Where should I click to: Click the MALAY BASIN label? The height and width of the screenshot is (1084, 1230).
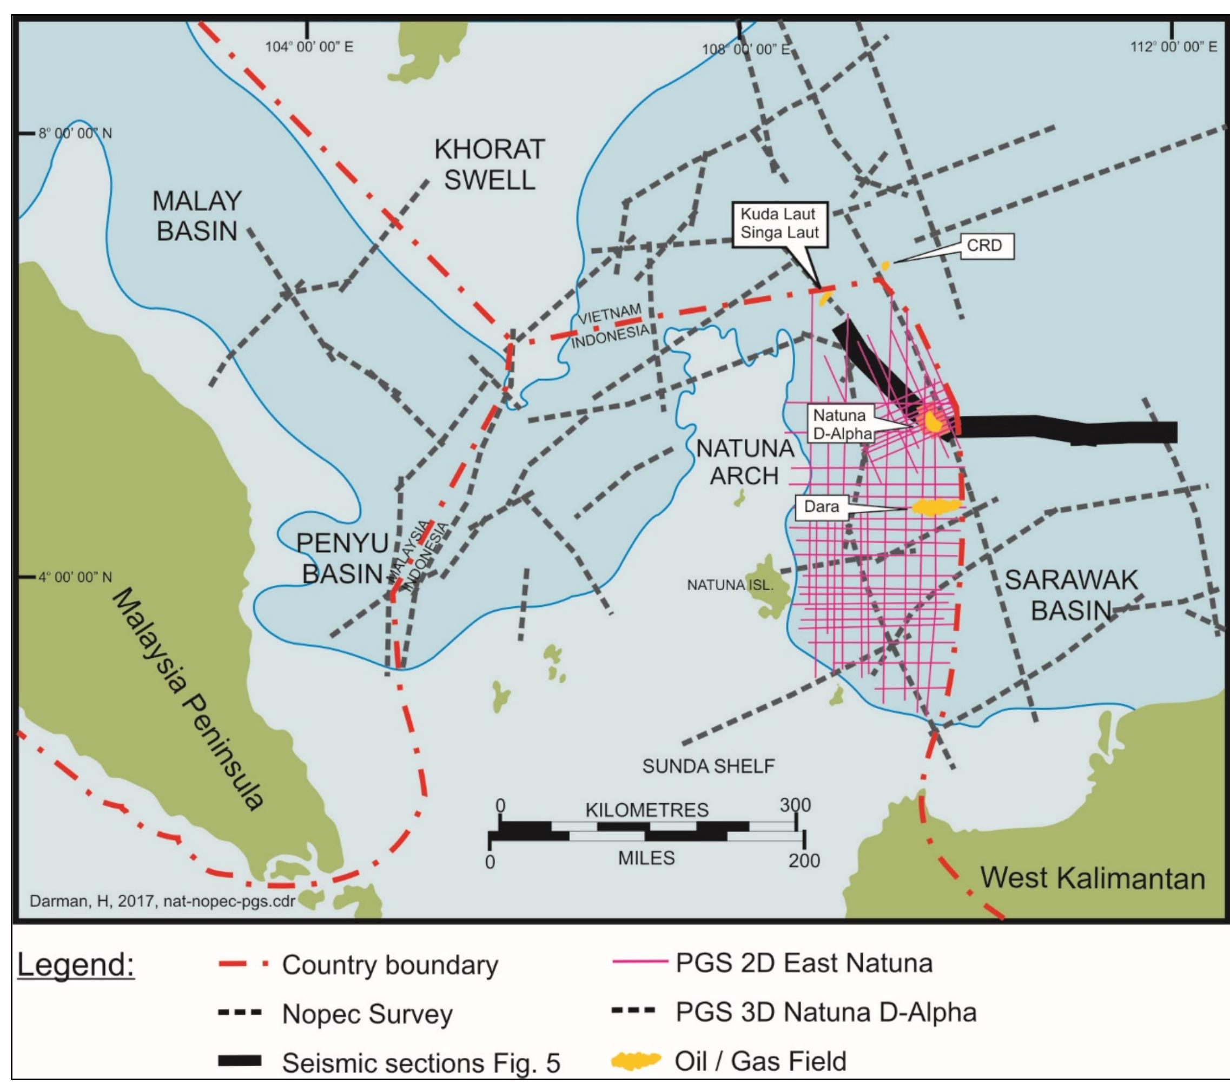197,216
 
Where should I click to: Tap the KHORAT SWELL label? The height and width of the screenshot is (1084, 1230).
489,164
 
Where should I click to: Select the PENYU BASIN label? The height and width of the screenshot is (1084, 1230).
342,558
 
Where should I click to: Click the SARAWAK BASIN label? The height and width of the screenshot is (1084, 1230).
1071,594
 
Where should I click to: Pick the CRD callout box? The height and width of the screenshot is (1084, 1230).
984,246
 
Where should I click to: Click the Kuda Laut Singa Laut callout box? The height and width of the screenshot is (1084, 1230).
779,223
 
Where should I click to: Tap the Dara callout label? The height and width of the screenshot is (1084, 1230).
822,507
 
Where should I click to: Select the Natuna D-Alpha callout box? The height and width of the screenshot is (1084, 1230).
841,424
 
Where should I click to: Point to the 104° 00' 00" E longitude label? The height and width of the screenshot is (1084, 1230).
309,47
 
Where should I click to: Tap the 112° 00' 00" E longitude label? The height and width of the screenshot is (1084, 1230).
1173,47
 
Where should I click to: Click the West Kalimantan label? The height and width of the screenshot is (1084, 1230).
1092,878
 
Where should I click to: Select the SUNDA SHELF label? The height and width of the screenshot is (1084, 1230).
708,766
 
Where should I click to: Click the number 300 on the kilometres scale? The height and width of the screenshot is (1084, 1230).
795,805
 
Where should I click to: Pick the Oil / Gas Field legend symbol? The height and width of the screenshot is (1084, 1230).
636,1061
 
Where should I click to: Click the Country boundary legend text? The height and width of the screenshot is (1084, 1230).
390,965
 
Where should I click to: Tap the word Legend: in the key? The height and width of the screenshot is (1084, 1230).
76,965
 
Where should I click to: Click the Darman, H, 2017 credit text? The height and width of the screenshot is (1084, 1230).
162,901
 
